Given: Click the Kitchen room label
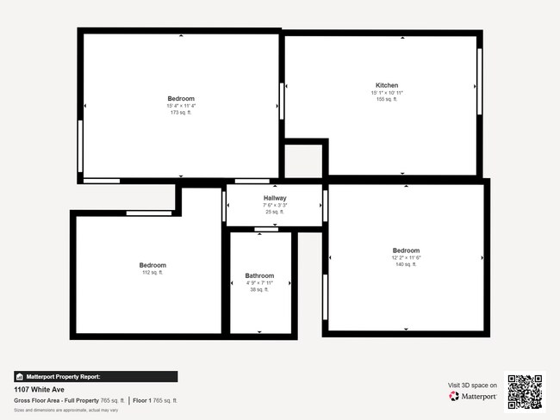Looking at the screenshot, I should click(x=387, y=85).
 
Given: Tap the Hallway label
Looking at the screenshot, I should click(x=275, y=199).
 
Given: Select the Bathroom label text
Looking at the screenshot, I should click(x=259, y=276).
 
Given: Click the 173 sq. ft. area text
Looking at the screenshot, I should click(x=181, y=113).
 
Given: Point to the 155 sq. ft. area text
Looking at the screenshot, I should click(x=387, y=99).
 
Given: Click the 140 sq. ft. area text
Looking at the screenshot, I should click(x=406, y=264).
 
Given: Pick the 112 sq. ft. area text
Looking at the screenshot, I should click(x=152, y=272).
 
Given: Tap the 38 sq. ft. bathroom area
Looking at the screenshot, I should click(x=259, y=290).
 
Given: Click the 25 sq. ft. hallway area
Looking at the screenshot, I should click(x=275, y=212).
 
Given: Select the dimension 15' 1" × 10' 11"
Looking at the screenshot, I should click(x=387, y=92).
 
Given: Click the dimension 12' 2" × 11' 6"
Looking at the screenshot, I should click(x=406, y=257).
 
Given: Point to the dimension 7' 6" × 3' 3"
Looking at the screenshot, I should click(x=275, y=206).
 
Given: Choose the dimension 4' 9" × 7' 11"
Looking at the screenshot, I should click(x=259, y=283).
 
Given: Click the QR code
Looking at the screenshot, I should click(x=525, y=392).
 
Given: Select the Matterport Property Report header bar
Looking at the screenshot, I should click(x=96, y=376).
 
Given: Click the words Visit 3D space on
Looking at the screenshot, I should click(x=473, y=385).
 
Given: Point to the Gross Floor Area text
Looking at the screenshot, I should click(x=69, y=400).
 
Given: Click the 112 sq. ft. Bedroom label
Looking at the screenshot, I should click(x=152, y=265).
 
